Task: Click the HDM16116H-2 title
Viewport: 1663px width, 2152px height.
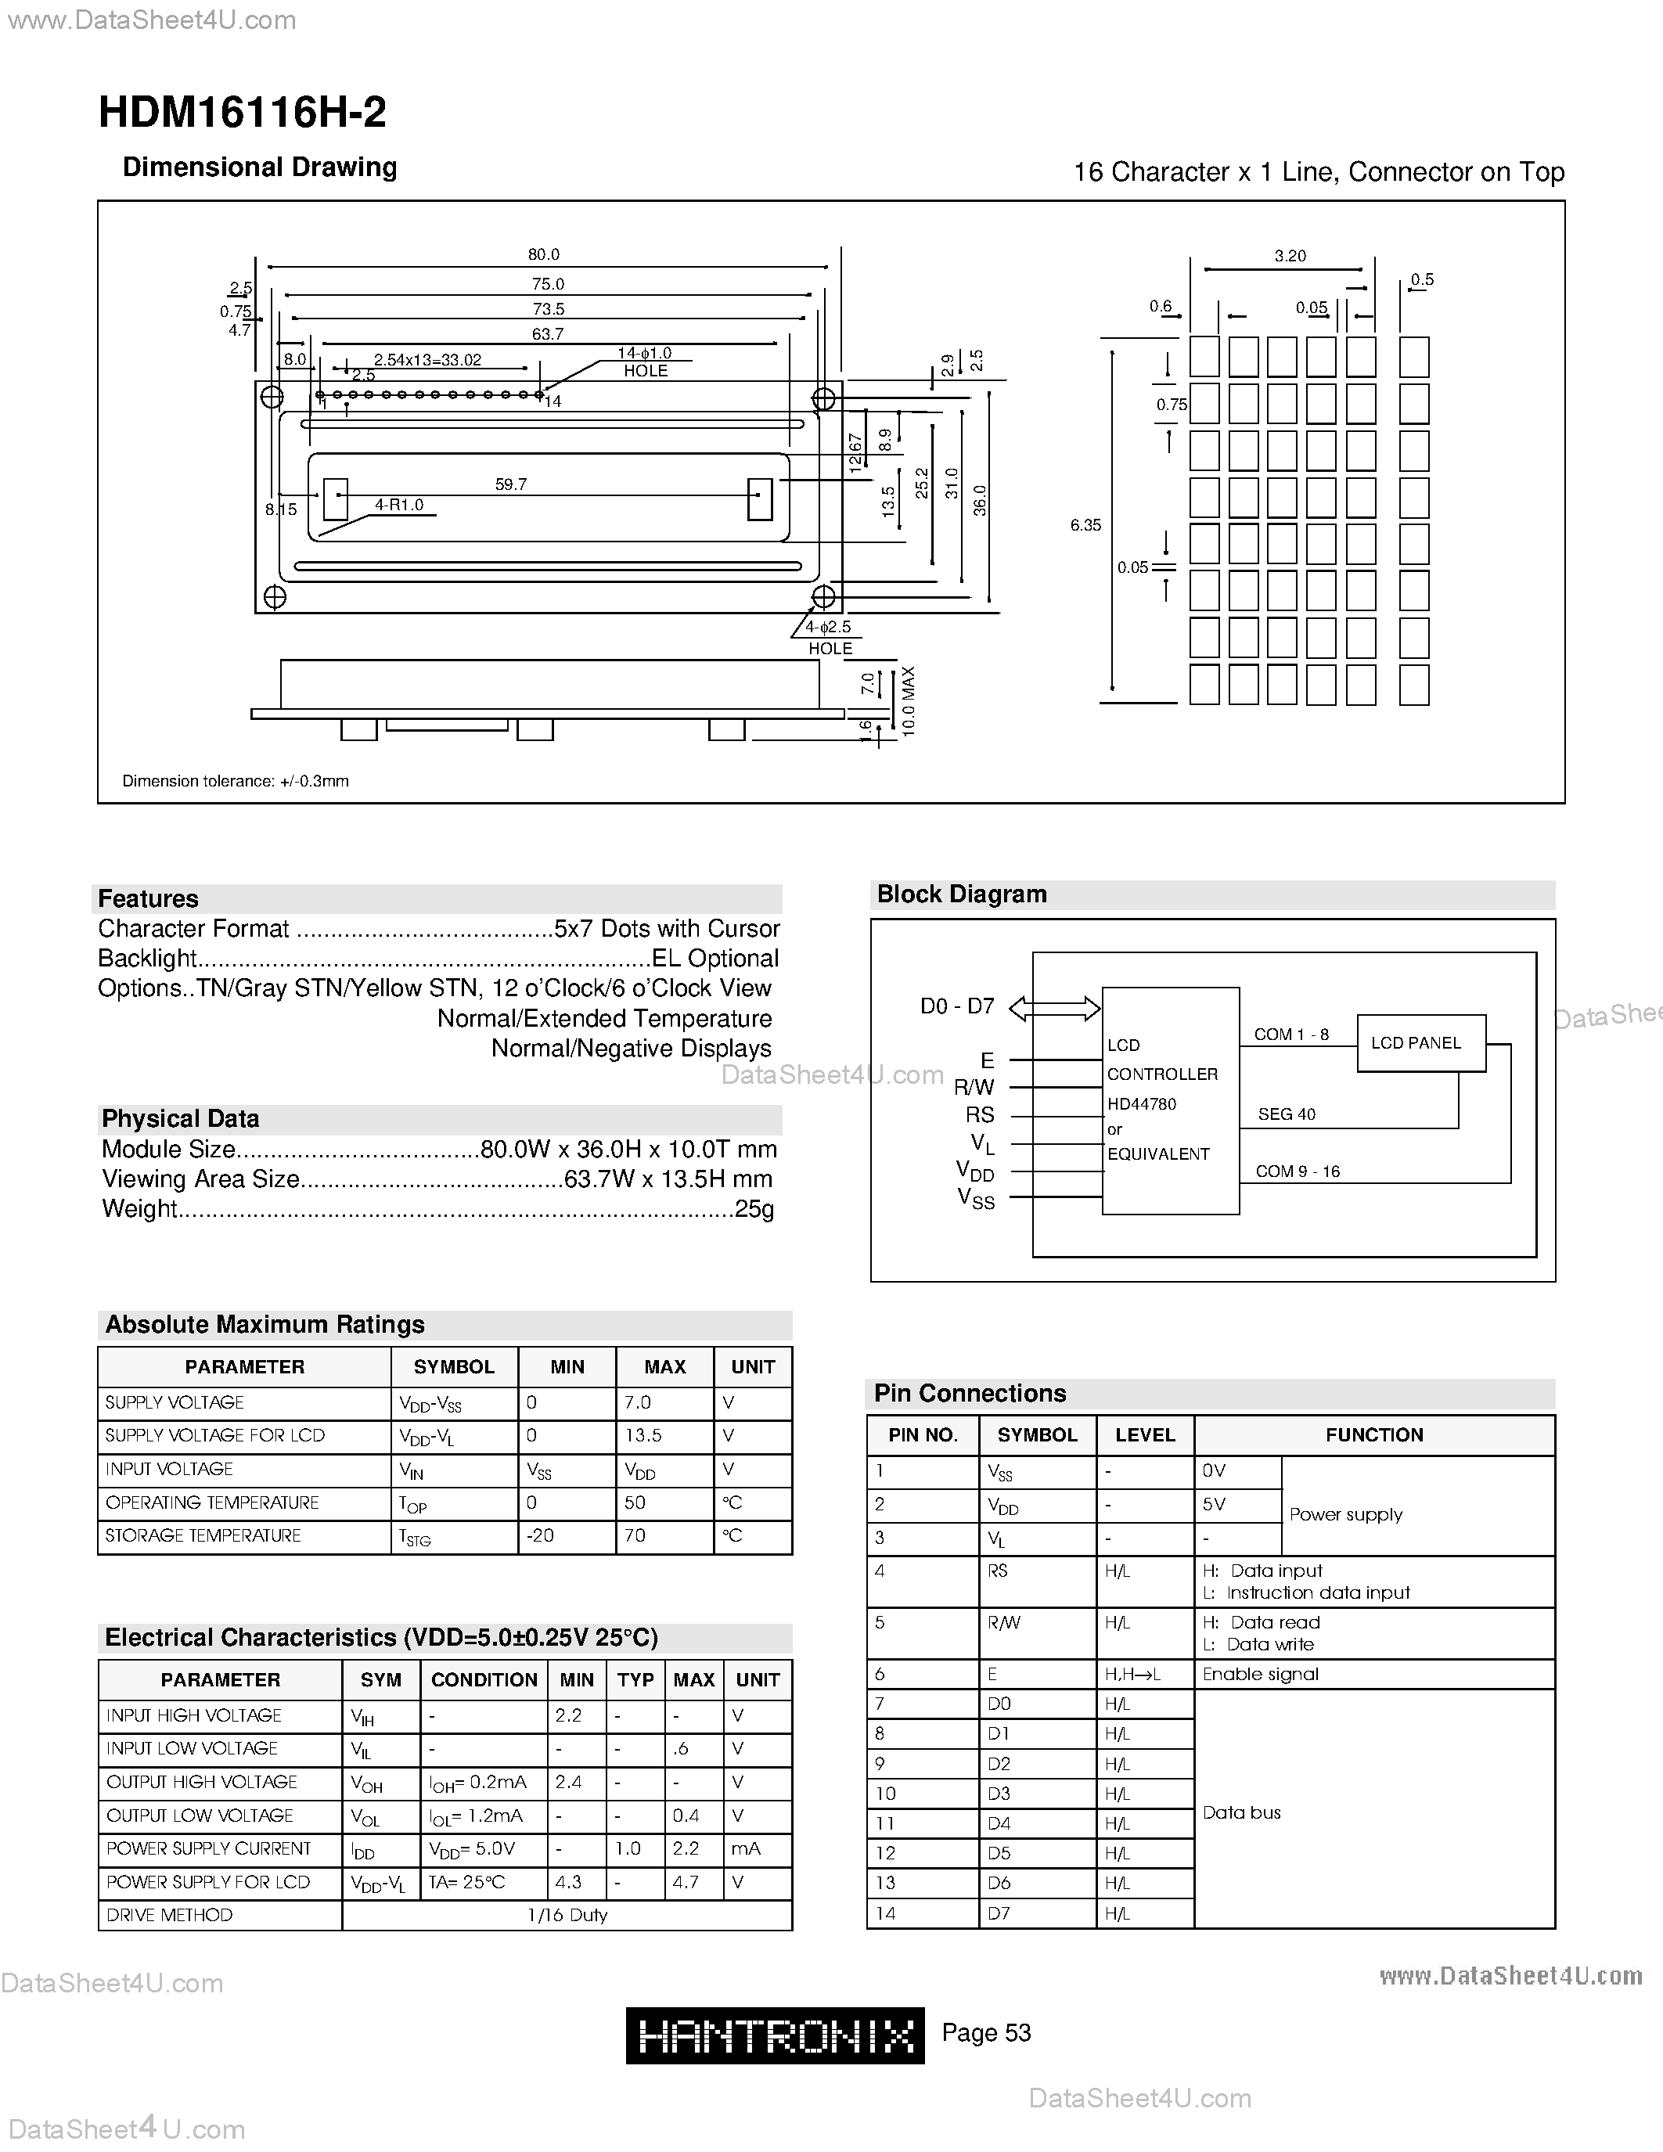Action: pos(243,113)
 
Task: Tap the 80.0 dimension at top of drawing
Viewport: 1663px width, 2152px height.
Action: pos(543,254)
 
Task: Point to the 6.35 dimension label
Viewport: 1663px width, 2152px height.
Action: pos(1085,525)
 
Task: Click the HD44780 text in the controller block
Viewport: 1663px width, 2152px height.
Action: pos(1141,1103)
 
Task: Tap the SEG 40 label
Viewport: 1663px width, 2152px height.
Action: pos(1286,1114)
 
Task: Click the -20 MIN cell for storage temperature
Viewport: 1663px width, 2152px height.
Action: pos(540,1535)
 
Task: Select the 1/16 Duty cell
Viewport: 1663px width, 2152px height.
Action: pos(567,1915)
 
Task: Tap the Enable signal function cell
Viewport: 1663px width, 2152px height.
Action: pos(1260,1674)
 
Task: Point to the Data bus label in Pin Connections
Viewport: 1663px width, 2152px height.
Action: pos(1241,1812)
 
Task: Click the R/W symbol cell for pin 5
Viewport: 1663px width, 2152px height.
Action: pos(1004,1623)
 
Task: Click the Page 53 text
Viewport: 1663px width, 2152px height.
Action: pos(986,2031)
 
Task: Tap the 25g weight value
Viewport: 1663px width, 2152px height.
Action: pos(754,1209)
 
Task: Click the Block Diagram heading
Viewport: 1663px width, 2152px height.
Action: pos(962,894)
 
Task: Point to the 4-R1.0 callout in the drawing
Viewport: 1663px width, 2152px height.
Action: pos(399,505)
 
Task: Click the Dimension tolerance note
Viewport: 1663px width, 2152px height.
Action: pos(236,780)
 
